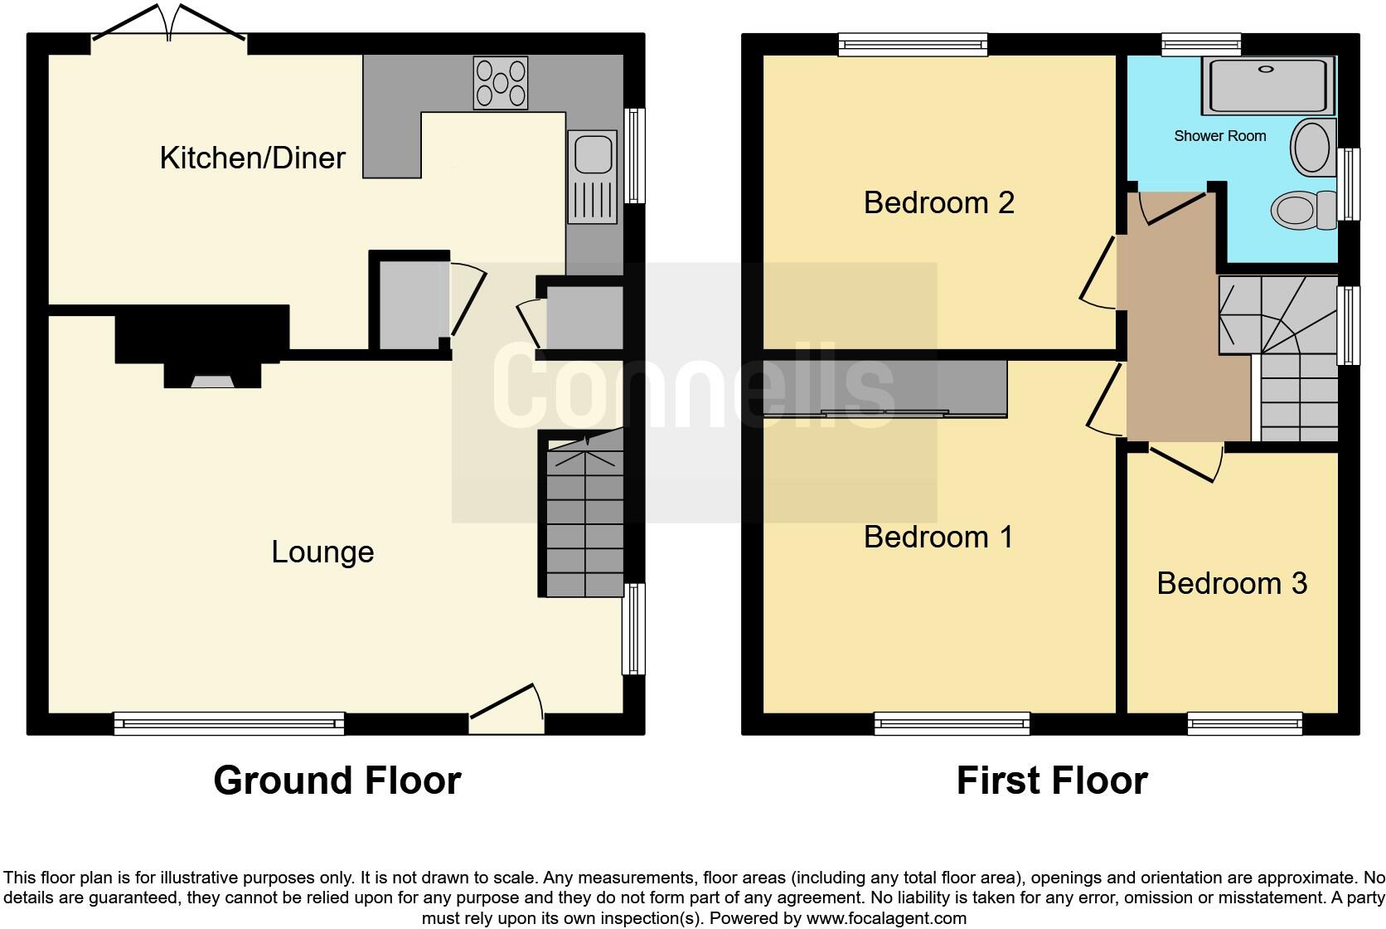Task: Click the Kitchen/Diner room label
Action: point(252,158)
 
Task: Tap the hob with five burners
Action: point(501,82)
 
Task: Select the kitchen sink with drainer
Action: point(592,177)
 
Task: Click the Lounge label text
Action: point(322,552)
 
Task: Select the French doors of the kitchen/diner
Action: point(170,25)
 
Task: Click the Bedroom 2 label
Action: point(938,202)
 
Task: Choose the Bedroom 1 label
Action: point(938,537)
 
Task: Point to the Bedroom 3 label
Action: point(1232,584)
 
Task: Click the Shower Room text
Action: point(1219,136)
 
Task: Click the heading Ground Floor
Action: point(337,781)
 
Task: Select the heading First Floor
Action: point(1051,781)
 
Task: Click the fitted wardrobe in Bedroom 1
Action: point(885,388)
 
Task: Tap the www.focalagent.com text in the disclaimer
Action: point(884,918)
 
